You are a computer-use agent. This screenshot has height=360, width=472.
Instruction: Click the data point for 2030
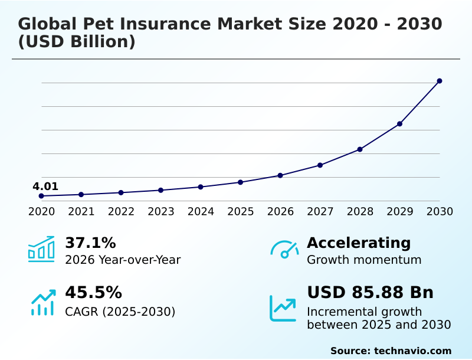click(440, 81)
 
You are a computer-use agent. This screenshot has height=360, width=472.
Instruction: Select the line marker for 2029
click(399, 124)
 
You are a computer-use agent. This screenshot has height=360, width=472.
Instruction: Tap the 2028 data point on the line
click(360, 149)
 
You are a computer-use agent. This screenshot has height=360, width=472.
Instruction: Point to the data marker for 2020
click(41, 196)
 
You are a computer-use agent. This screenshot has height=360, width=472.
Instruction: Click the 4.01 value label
click(45, 186)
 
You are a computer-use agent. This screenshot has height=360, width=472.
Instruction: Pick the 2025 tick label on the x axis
click(241, 211)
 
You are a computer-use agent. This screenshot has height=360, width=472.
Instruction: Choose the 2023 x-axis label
click(161, 211)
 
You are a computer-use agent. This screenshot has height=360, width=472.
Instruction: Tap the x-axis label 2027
click(320, 211)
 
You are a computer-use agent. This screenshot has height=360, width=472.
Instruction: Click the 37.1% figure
click(90, 243)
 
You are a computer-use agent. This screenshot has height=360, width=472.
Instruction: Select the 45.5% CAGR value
click(93, 293)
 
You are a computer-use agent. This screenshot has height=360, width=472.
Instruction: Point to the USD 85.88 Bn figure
click(370, 293)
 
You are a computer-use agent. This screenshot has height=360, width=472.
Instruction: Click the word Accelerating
click(359, 243)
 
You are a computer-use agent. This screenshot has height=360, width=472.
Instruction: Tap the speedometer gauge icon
click(284, 249)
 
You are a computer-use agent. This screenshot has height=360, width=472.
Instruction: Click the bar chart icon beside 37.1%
click(41, 249)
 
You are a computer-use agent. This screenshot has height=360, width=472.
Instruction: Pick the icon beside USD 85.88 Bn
click(283, 308)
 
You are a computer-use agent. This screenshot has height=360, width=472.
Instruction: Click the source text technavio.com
click(412, 351)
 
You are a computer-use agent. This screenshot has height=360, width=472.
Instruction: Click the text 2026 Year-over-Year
click(123, 260)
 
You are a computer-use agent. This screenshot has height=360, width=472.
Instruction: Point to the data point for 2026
click(280, 175)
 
